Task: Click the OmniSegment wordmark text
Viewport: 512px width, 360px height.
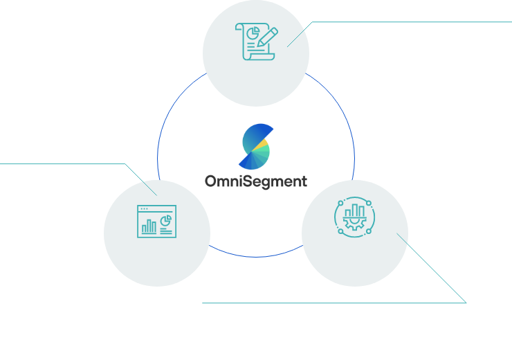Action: (x=255, y=181)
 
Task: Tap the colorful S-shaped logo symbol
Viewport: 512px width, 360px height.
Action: (x=255, y=147)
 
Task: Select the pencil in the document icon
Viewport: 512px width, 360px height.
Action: (x=267, y=37)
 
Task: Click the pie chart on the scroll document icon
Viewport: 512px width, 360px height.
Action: (x=253, y=33)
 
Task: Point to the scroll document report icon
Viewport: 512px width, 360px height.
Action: (x=255, y=42)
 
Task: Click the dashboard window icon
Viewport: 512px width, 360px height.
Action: (x=156, y=221)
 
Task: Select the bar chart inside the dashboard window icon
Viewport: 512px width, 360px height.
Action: (x=148, y=226)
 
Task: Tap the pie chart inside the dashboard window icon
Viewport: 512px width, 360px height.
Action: (x=165, y=220)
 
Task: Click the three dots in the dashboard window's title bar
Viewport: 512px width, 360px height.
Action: (x=144, y=208)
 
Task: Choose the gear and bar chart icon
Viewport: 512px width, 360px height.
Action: (x=354, y=215)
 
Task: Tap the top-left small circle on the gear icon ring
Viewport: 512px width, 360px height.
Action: (x=339, y=202)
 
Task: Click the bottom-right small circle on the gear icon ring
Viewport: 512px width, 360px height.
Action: (x=368, y=229)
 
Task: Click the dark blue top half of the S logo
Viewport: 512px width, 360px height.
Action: (x=254, y=134)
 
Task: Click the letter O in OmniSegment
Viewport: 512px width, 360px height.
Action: (x=212, y=181)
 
